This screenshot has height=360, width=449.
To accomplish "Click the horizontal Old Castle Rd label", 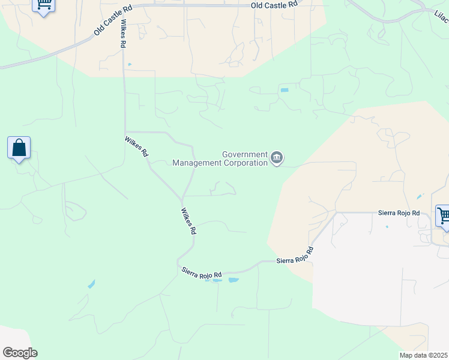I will pos(274,5).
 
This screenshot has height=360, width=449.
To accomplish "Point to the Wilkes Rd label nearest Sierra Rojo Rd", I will pos(188,221).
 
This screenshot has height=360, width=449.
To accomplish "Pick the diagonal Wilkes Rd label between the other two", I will pos(137,147).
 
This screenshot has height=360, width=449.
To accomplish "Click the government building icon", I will pos(276,158).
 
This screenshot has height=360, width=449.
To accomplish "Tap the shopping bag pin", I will pos(19,148).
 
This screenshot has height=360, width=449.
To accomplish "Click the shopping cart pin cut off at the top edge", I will pos(44,5).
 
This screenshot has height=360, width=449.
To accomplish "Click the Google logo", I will pos(20,353).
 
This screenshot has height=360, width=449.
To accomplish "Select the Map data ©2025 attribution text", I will pos(424,355).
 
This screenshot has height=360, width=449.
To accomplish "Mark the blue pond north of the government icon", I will pos(284,90).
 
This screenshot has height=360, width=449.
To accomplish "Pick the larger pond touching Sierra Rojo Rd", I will pos(233,280).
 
